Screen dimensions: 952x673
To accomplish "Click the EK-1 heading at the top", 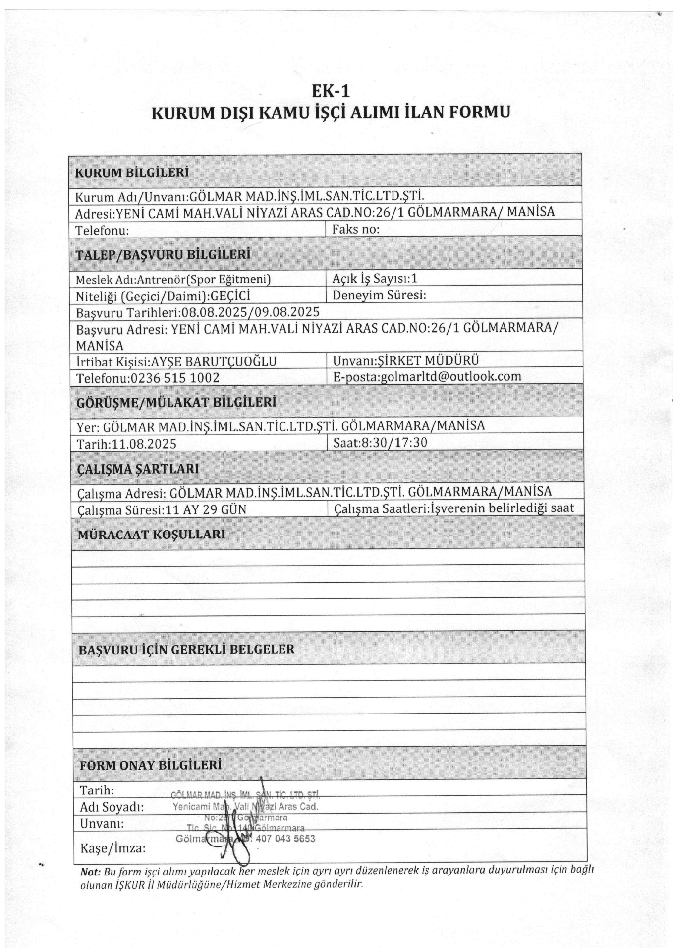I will click(x=331, y=91).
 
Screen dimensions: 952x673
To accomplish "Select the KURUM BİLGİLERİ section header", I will click(x=131, y=173).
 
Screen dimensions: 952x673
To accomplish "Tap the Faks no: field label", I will click(x=355, y=229).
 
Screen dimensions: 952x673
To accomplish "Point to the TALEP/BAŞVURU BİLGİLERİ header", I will click(x=163, y=255).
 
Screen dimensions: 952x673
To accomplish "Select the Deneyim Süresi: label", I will click(x=379, y=296).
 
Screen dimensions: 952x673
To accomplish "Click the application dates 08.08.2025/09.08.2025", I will click(x=250, y=312).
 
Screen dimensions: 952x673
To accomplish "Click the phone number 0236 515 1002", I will click(x=174, y=378).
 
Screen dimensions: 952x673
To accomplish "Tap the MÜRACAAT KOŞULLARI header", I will click(x=152, y=535).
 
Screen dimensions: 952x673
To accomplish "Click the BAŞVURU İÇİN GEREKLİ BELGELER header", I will click(x=186, y=649).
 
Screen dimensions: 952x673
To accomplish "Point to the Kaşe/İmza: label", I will click(x=112, y=848).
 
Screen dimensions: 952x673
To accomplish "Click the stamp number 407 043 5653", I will click(x=285, y=839).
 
